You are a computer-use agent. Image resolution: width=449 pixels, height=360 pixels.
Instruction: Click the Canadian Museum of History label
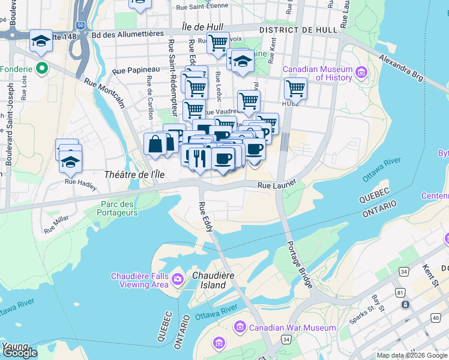(317, 73)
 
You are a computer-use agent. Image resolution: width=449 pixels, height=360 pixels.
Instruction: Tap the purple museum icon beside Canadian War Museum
(240, 327)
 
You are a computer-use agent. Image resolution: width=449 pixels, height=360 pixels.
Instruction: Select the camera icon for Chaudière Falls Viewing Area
(178, 279)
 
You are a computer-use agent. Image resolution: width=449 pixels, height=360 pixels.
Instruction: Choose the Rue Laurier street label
(277, 186)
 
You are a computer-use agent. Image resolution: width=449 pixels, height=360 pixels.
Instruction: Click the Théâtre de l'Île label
(134, 174)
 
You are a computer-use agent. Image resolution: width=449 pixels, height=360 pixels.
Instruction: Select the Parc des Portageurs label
(119, 208)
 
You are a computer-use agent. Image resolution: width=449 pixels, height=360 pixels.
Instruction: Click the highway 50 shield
(80, 26)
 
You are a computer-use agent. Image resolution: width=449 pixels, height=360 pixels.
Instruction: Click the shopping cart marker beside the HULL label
(295, 89)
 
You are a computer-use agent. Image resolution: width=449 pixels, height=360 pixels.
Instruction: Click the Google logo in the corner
(20, 353)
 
